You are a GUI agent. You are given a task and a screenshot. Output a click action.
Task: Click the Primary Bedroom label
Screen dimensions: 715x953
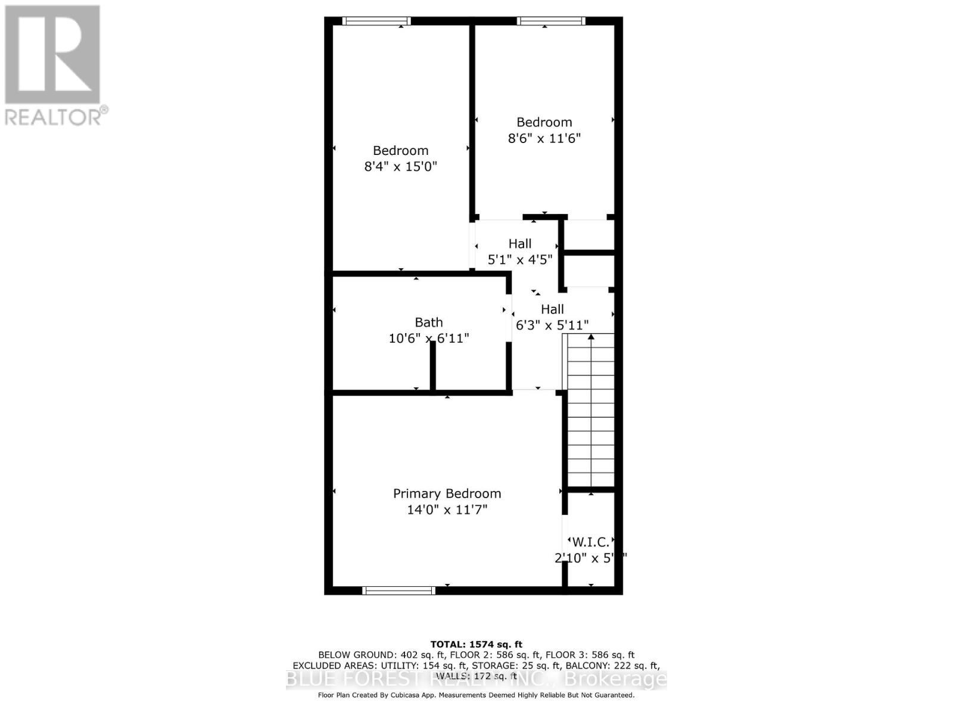[447, 493]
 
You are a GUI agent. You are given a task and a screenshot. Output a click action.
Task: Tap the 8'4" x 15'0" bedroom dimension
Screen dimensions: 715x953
[400, 166]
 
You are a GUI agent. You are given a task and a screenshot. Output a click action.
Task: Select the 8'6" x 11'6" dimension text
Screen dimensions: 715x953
[544, 138]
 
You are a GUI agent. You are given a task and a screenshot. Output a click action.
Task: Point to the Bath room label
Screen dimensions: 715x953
[428, 322]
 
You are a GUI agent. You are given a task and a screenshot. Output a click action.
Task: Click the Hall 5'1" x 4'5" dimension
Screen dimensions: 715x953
[520, 260]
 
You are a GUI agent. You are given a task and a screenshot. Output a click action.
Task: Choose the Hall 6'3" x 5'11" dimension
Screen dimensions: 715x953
[552, 325]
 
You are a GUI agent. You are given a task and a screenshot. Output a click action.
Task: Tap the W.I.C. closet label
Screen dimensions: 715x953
[590, 542]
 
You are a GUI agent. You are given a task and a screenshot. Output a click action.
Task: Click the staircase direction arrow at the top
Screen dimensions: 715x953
[591, 337]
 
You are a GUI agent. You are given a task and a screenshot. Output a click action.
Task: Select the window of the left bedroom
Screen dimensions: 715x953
[376, 21]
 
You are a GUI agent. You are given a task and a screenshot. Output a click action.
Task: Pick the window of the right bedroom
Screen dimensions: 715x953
[551, 21]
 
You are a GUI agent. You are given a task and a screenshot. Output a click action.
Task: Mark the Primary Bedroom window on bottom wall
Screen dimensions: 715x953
[398, 590]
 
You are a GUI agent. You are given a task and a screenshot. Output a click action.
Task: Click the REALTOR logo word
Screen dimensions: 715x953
[56, 116]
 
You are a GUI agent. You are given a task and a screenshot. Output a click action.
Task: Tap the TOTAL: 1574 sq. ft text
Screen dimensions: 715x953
[476, 644]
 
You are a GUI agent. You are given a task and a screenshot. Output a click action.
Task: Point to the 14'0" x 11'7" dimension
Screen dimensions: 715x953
[447, 510]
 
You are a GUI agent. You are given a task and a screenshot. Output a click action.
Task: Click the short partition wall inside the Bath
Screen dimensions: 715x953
[433, 365]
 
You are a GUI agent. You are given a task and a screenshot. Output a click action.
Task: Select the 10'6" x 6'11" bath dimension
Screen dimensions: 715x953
[428, 338]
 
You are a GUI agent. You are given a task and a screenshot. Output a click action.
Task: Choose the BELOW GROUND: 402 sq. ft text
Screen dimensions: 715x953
[367, 655]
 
